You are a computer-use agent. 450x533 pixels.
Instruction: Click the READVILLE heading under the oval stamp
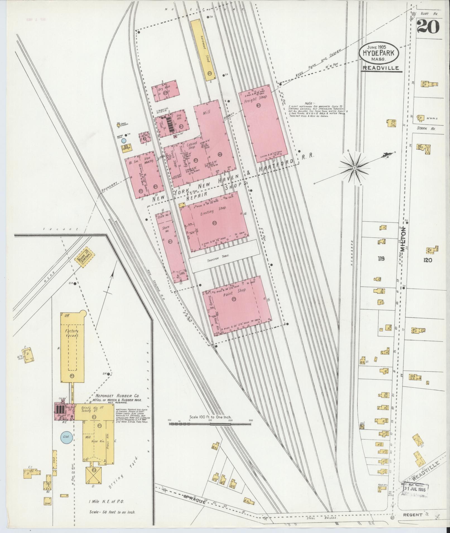[381, 68]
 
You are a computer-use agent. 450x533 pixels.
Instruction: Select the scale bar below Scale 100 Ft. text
[210, 432]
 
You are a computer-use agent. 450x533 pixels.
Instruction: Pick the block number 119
[381, 259]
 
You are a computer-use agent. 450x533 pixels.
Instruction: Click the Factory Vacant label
[71, 334]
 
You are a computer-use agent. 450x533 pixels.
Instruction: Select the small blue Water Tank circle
[124, 141]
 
